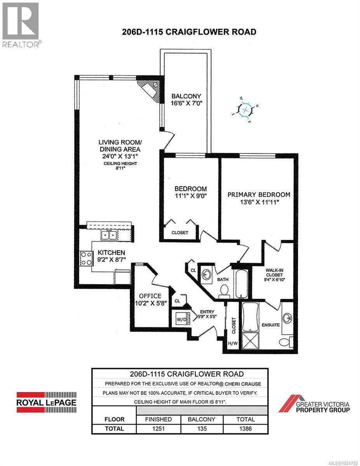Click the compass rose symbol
[245, 110]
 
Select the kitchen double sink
[109, 235]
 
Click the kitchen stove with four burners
[86, 258]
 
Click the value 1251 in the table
[159, 429]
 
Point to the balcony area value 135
[202, 429]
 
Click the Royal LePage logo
[46, 401]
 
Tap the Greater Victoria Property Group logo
[314, 404]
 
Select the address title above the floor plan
[189, 32]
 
